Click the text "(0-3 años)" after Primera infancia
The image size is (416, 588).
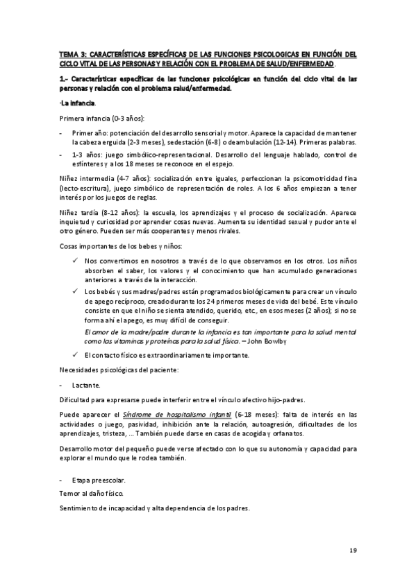(124, 119)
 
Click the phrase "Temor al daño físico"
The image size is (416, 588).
(92, 493)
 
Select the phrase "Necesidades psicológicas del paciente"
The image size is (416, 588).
(119, 370)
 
